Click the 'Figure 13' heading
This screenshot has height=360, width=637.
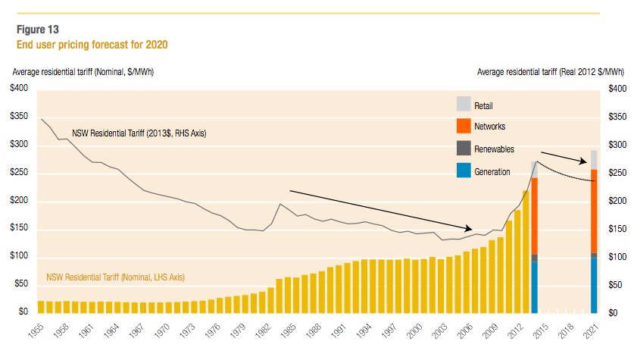tap(37, 30)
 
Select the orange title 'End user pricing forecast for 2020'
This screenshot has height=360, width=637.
tap(92, 45)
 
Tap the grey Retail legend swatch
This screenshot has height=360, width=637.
tap(464, 104)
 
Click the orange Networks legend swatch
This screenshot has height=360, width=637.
tap(464, 126)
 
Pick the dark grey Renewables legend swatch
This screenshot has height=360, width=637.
tap(464, 148)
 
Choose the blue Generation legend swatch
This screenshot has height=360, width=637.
tap(464, 171)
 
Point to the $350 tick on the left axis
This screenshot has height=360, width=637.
tap(19, 116)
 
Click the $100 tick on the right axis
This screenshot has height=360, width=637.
tap(617, 257)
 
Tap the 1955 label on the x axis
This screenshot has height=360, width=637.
tap(36, 330)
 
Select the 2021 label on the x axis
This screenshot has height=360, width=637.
tap(591, 330)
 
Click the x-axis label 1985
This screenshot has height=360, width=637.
tap(289, 330)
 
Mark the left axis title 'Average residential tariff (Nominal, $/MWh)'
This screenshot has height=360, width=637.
tap(83, 72)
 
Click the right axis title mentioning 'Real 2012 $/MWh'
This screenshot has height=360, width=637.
tap(551, 72)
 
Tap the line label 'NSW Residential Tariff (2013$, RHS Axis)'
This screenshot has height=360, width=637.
tap(139, 133)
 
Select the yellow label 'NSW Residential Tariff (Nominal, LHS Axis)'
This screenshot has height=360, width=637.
tap(115, 277)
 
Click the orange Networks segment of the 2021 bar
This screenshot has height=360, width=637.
tap(594, 211)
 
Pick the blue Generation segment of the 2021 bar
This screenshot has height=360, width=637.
tap(594, 286)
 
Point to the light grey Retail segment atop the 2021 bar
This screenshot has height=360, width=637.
tap(594, 160)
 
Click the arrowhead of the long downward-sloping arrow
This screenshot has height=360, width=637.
tap(469, 228)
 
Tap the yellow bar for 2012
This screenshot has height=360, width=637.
tap(517, 261)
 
